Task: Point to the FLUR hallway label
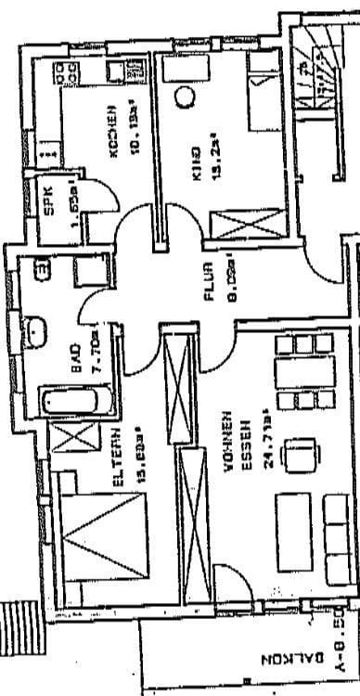[x=209, y=282]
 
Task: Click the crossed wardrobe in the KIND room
[x=244, y=224]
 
